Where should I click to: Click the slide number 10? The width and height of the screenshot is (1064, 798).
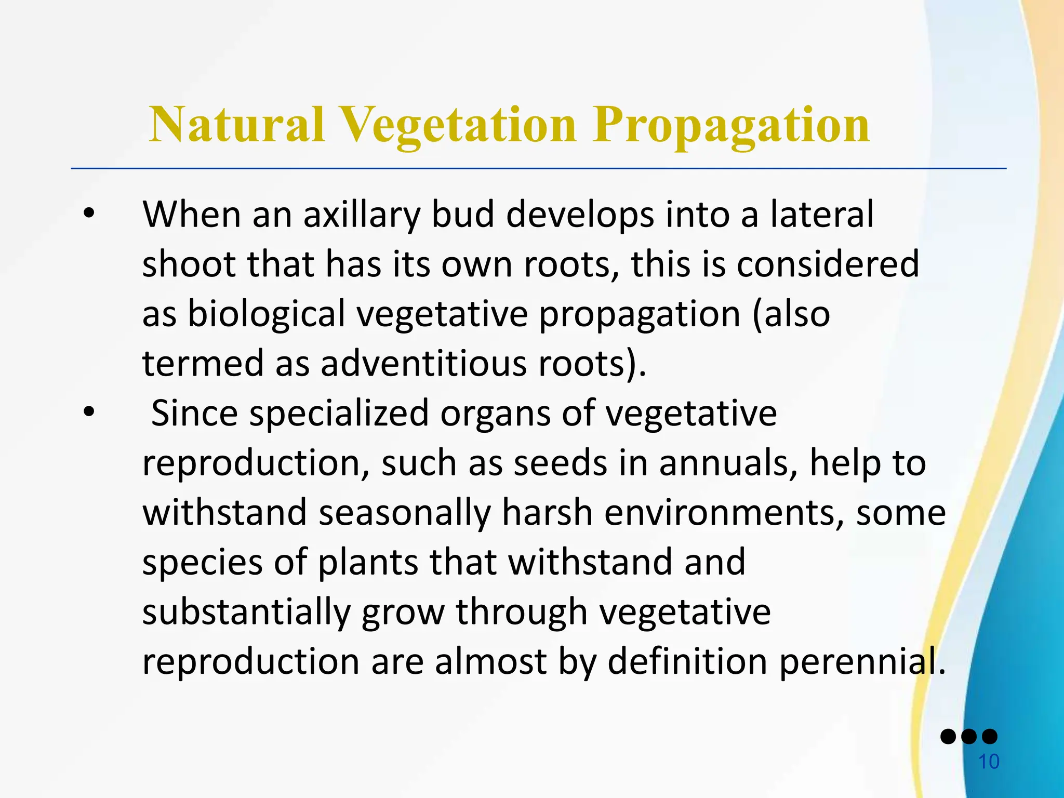click(x=989, y=762)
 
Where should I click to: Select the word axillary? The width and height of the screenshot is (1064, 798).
click(x=361, y=215)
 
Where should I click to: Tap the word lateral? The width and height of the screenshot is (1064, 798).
click(x=822, y=215)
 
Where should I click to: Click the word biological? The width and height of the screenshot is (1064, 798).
click(x=266, y=314)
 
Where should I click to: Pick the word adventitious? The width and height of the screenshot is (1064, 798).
click(x=423, y=363)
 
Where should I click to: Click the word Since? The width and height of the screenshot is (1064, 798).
click(x=194, y=413)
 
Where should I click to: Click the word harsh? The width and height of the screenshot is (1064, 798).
click(x=547, y=512)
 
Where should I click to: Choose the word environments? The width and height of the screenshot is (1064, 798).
click(x=724, y=512)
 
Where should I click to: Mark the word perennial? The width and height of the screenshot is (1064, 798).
click(x=861, y=661)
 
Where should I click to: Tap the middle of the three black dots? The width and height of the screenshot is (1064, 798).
click(x=969, y=737)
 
